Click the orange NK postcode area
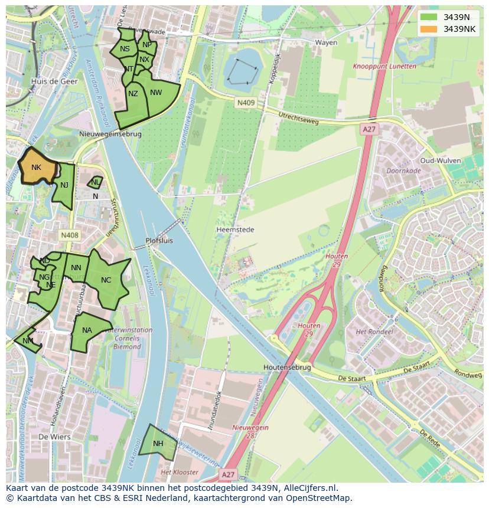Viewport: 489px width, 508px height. [x=37, y=168]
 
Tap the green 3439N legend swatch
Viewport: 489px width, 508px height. [x=429, y=17]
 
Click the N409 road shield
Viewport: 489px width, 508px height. [x=246, y=103]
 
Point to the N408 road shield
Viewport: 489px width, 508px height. [x=69, y=235]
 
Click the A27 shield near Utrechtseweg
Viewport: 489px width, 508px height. [x=369, y=129]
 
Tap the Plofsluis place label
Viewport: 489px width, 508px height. [x=159, y=241]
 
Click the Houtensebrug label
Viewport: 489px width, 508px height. [x=287, y=367]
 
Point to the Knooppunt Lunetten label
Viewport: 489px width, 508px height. [x=384, y=67]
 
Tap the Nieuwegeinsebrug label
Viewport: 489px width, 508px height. [x=110, y=134]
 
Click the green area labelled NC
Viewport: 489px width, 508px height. [x=107, y=281]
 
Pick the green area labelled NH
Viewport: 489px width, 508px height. [x=158, y=443]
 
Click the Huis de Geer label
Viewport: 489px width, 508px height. [x=54, y=82]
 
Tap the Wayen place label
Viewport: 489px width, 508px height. [x=326, y=42]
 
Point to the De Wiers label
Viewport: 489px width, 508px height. [x=54, y=437]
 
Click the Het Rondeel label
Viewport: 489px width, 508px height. [x=374, y=332]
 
